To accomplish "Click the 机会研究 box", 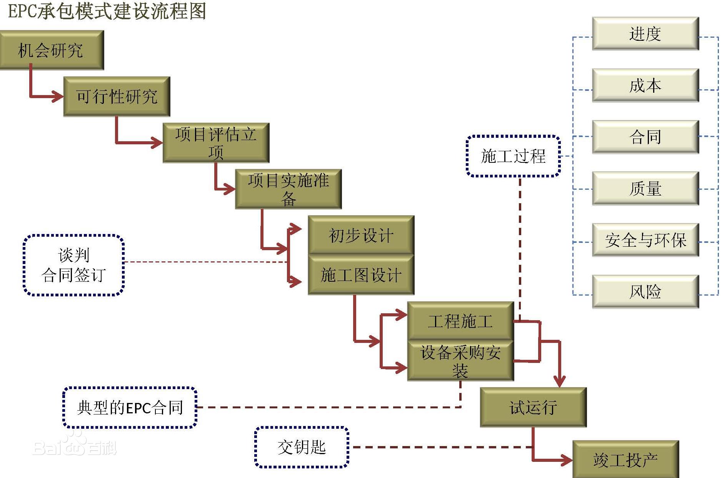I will (51, 50).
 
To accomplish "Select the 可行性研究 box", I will (117, 96).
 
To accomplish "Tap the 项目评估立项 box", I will (216, 143).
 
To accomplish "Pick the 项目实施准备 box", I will (288, 189).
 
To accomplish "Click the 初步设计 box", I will (361, 235).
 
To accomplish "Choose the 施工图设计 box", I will (361, 275).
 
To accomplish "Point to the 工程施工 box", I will (460, 321).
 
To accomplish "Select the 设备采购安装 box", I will (460, 361).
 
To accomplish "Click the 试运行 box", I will (533, 407).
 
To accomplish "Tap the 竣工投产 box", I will (625, 459).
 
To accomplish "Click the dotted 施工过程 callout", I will (513, 156).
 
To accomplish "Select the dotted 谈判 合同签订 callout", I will (73, 265).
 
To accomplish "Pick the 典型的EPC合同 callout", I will (130, 408).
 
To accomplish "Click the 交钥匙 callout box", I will (302, 447).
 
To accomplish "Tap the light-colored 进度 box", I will (645, 34).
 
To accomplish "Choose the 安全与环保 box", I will (645, 240).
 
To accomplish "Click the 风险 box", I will (645, 291).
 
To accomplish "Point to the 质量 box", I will (645, 188).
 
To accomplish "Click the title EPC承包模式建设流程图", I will (107, 11).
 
